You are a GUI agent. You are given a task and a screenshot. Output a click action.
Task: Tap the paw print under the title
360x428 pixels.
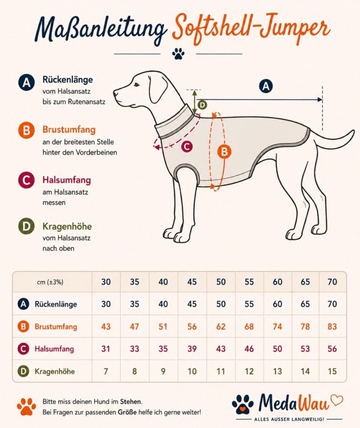tap(178, 53)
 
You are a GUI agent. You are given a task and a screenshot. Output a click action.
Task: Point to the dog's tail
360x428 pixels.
tap(333, 140)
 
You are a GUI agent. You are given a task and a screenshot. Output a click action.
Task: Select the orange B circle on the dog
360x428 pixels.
tap(224, 152)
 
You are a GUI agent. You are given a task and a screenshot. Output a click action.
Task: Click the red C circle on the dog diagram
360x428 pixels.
tap(187, 147)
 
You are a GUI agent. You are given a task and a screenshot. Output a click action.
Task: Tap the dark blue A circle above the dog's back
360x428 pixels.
tap(265, 86)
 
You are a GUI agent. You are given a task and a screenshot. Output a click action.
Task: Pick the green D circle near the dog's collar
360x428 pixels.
tap(202, 105)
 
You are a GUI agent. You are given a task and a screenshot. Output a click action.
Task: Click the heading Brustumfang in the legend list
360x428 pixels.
tap(69, 129)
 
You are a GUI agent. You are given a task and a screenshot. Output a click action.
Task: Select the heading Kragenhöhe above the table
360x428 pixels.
tap(67, 226)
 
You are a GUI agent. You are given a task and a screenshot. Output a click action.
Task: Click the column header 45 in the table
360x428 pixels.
tap(192, 282)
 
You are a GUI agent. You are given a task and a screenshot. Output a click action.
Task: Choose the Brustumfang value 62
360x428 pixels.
tap(221, 326)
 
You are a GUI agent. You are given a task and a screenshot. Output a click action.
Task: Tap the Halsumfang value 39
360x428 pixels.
tap(192, 349)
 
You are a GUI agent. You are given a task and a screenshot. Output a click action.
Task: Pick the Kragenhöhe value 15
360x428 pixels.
tap(332, 371)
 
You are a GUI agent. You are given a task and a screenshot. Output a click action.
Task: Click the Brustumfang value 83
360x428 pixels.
tap(332, 326)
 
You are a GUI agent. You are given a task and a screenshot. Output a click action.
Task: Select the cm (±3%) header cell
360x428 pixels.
tap(50, 282)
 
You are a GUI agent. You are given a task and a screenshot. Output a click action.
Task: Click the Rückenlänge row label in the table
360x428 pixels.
tap(56, 304)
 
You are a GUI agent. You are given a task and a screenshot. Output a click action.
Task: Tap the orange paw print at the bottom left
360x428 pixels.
tap(27, 407)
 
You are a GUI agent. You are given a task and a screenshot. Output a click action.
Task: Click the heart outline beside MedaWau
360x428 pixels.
tap(337, 400)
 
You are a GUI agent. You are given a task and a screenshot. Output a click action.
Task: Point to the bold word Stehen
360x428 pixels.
tap(131, 401)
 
